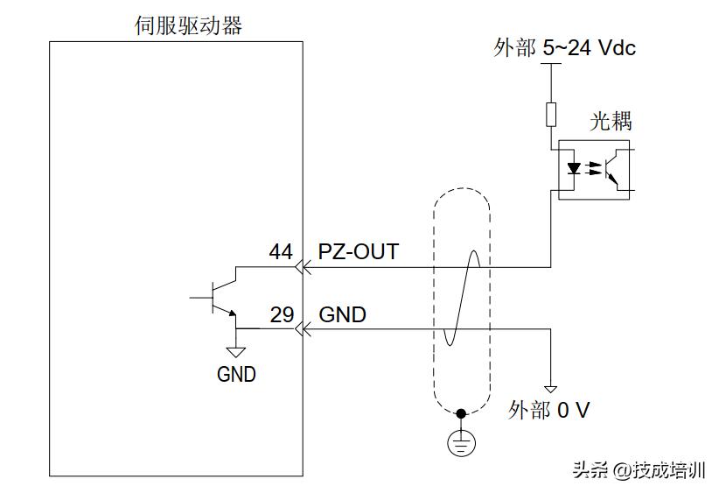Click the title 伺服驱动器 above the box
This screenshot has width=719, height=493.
(188, 26)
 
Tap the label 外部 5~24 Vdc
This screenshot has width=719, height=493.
(564, 48)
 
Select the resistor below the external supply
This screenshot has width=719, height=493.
(551, 114)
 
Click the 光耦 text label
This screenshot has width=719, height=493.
(611, 122)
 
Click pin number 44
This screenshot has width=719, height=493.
(281, 252)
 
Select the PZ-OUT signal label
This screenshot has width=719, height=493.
(358, 252)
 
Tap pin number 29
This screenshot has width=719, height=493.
(282, 314)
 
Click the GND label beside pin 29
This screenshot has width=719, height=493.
(343, 314)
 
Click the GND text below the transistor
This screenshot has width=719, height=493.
(236, 374)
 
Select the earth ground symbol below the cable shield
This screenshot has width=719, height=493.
(462, 442)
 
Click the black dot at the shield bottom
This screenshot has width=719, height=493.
(462, 412)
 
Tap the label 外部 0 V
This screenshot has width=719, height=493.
(548, 410)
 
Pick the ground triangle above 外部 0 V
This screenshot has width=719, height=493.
(551, 389)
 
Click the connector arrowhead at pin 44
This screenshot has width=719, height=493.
(304, 266)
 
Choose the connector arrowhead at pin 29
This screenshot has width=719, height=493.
(304, 329)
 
